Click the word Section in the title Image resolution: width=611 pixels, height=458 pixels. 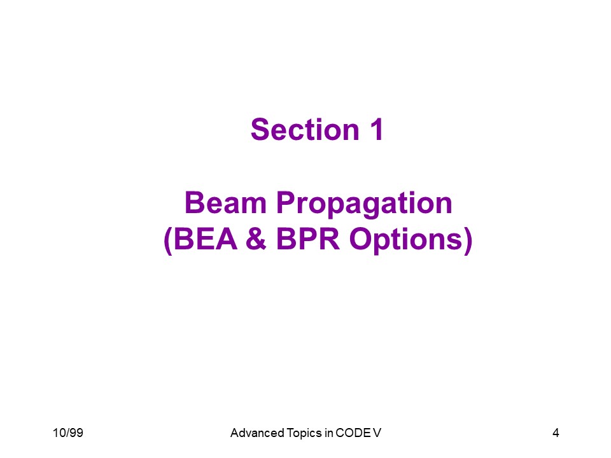coord(305,129)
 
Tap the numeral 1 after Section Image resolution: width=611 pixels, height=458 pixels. coord(376,129)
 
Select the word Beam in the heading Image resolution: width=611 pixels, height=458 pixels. coord(225,203)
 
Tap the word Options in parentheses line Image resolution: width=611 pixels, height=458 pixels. coord(405,240)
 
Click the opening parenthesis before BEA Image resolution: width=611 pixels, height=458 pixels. coord(168,241)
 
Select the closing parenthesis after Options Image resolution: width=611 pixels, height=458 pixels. coord(468,241)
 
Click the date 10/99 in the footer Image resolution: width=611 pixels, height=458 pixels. coord(68,433)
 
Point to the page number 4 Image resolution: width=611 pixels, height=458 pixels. coord(556,433)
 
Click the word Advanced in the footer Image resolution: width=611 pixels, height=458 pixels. coord(257,433)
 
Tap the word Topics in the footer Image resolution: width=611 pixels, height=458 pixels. coord(304,433)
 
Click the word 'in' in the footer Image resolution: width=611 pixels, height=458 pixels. coord(328,433)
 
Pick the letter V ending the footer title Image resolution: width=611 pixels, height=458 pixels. coord(377,433)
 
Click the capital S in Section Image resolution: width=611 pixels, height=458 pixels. coord(260,129)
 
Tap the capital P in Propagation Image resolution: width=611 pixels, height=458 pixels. coord(286,203)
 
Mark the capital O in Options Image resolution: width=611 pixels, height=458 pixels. coord(360,239)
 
